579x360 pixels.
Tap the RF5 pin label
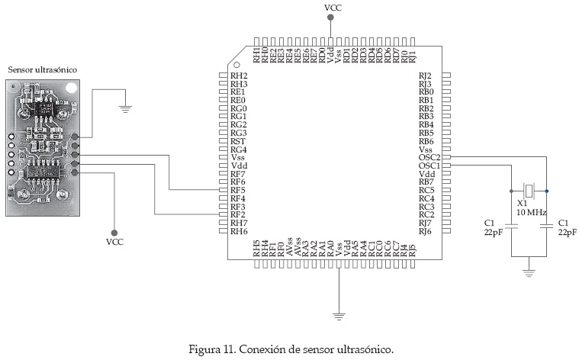tap(238, 190)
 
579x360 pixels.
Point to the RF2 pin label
tap(238, 215)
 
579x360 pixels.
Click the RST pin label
tap(238, 141)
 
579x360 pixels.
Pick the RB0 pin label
tap(426, 92)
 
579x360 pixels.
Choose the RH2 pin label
tap(239, 76)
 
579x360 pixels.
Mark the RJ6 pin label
tap(425, 231)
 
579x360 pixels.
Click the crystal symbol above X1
tap(528, 190)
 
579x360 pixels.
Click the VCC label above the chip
tap(333, 8)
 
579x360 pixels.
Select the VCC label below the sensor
tap(114, 242)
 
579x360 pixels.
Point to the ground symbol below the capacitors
tap(527, 271)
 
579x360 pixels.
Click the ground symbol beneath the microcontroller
tap(338, 313)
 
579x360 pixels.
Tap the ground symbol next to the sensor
tap(127, 109)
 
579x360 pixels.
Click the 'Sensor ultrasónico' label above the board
tap(42, 69)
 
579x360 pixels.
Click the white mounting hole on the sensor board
tap(71, 88)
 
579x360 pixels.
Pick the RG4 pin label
tap(238, 149)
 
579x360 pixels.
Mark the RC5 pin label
tap(426, 190)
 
